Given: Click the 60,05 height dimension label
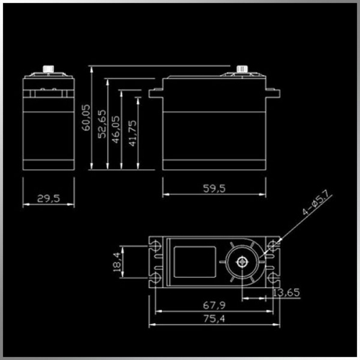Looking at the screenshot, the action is (x=86, y=117).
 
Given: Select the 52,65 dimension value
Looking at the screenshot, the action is (x=102, y=124).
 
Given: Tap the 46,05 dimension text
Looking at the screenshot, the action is (x=116, y=130).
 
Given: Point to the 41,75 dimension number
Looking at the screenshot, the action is (x=132, y=133).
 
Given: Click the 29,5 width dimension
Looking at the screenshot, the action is (x=48, y=199).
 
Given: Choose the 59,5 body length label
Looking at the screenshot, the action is (x=215, y=189).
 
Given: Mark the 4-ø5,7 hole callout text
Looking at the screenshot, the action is (x=317, y=202).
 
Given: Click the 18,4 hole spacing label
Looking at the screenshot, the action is (x=117, y=262).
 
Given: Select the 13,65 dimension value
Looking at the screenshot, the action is (x=287, y=292).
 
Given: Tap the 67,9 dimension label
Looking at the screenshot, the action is (x=215, y=305).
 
